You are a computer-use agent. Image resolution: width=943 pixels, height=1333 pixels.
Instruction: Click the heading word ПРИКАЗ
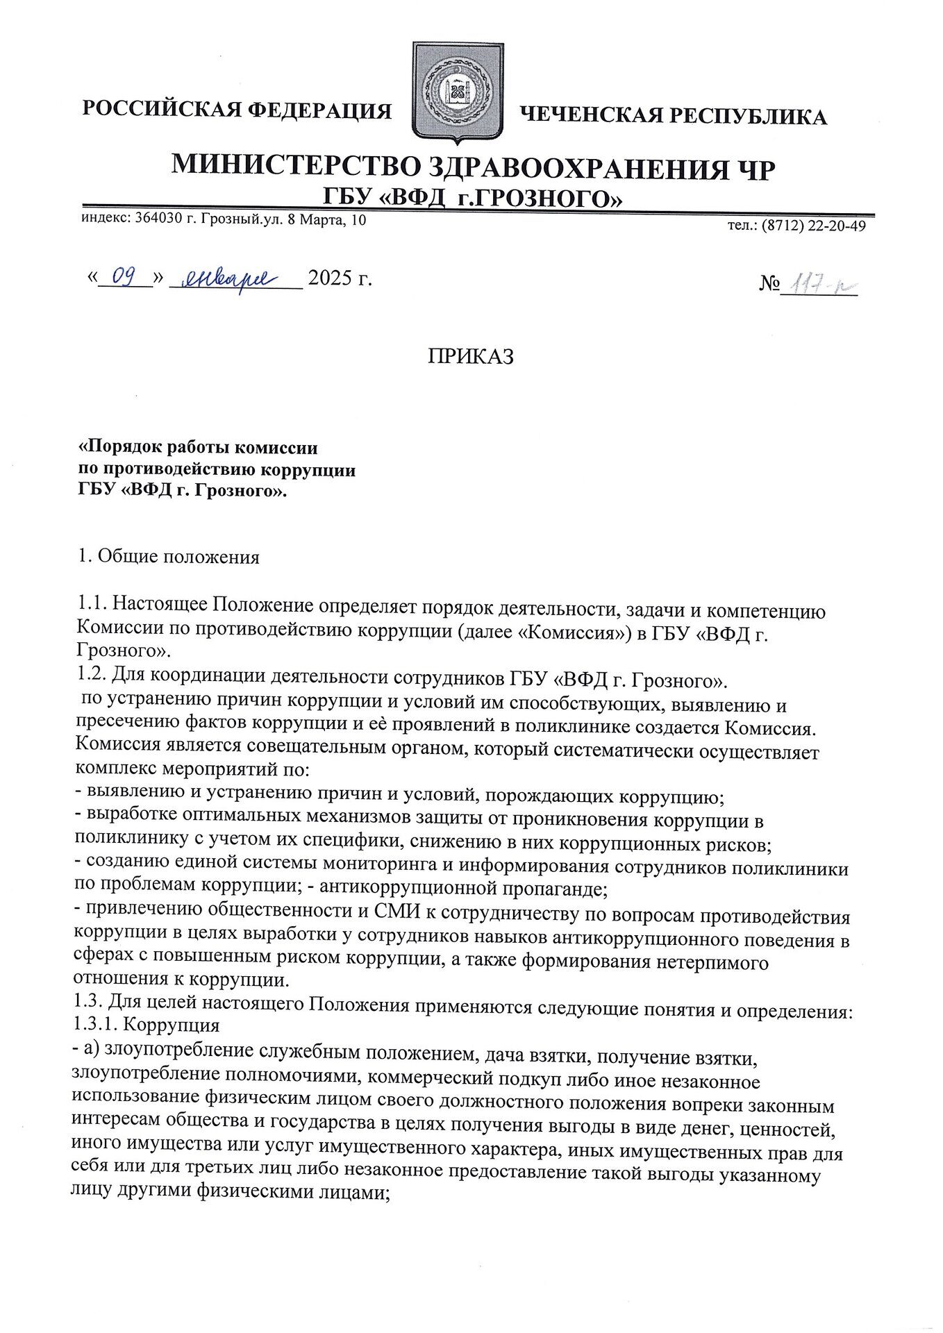pyautogui.click(x=471, y=356)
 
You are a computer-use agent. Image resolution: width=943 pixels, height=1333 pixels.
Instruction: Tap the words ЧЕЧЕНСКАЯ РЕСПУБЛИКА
pyautogui.click(x=674, y=115)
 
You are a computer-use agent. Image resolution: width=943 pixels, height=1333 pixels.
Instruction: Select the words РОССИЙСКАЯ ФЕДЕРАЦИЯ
pyautogui.click(x=237, y=110)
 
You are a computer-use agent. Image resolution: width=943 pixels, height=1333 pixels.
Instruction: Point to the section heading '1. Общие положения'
pyautogui.click(x=169, y=557)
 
